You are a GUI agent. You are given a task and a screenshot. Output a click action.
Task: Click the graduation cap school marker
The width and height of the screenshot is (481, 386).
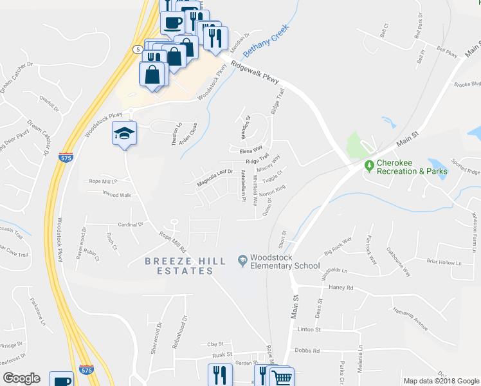click(x=125, y=133)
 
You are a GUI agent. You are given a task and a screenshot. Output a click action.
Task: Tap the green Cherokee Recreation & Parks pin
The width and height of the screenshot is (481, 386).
click(x=369, y=166)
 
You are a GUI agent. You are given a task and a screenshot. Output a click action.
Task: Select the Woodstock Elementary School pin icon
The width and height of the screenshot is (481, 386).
click(x=242, y=261)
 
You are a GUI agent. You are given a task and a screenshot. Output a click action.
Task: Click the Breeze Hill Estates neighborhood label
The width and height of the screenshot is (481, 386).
click(x=179, y=266)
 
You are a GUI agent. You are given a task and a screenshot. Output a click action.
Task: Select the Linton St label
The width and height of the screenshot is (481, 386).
click(x=309, y=329)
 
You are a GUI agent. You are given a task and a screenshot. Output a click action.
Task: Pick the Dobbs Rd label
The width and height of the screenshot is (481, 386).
click(x=307, y=351)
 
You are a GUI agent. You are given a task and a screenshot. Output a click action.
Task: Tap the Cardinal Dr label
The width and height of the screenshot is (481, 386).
click(x=130, y=225)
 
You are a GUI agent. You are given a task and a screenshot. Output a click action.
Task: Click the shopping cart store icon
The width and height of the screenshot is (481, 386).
click(x=282, y=378)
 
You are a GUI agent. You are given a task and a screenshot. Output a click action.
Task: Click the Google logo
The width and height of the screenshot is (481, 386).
click(x=21, y=378)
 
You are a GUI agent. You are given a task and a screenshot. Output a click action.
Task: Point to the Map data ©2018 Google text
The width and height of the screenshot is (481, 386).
click(x=440, y=381)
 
